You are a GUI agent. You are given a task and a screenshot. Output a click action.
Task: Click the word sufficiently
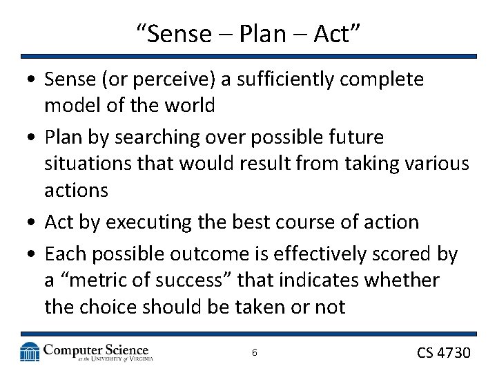[x=300, y=79]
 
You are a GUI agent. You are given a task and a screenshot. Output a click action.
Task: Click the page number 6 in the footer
[x=255, y=352]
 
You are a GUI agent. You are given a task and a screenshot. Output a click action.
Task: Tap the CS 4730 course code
[x=443, y=352]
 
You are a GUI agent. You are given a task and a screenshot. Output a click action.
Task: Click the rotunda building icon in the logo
[x=30, y=352]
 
